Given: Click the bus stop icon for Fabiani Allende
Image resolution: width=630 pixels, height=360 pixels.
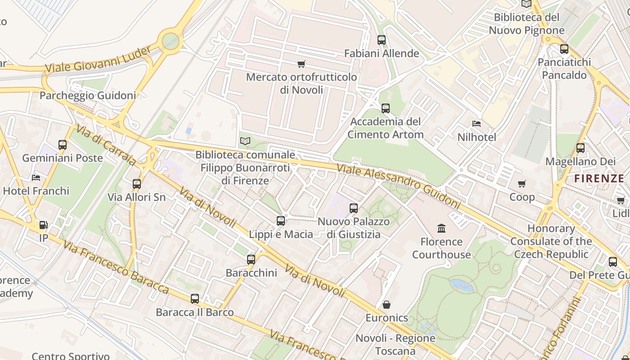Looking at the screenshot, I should coord(382,40).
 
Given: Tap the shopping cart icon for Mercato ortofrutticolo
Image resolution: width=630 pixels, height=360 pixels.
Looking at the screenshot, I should coord(301,64).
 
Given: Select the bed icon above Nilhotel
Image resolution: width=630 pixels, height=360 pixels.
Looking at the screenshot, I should coord(477,124).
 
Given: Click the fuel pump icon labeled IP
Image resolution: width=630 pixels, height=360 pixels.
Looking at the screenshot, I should coord(43,225).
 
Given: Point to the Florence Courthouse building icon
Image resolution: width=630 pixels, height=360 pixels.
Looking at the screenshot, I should coord(441,229).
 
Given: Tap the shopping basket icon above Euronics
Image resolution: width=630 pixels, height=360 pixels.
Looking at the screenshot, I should coord(386,305).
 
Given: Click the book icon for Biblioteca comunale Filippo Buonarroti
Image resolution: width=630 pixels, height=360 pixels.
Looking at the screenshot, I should coord(245,141).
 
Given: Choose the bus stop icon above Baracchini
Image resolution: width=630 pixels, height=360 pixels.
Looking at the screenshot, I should coord(251,260).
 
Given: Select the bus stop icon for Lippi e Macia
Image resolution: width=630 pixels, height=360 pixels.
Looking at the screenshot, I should coord(281,221).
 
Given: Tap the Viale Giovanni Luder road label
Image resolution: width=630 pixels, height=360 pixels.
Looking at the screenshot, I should coord(98,60).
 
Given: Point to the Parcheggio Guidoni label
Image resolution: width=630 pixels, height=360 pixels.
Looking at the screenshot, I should coord(88,95).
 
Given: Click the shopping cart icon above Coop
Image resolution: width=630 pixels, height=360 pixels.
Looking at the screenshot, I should coord(522,184).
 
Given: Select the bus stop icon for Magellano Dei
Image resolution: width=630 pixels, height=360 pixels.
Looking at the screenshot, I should coord(580,148).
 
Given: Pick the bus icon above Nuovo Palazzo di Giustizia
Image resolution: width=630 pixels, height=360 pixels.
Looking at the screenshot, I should coord(354,208).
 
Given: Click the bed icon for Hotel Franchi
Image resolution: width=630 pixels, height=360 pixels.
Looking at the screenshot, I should coord(36,178).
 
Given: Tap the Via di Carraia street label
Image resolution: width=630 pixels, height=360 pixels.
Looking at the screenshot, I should coord(106,145).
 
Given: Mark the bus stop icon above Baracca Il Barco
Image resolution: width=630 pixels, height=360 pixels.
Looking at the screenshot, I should coord(195,299).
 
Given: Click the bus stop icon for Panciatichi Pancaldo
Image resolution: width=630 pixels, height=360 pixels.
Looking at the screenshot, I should coord(564,49).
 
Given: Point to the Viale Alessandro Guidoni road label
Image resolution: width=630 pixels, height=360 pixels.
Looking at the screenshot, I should coord(399,186).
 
